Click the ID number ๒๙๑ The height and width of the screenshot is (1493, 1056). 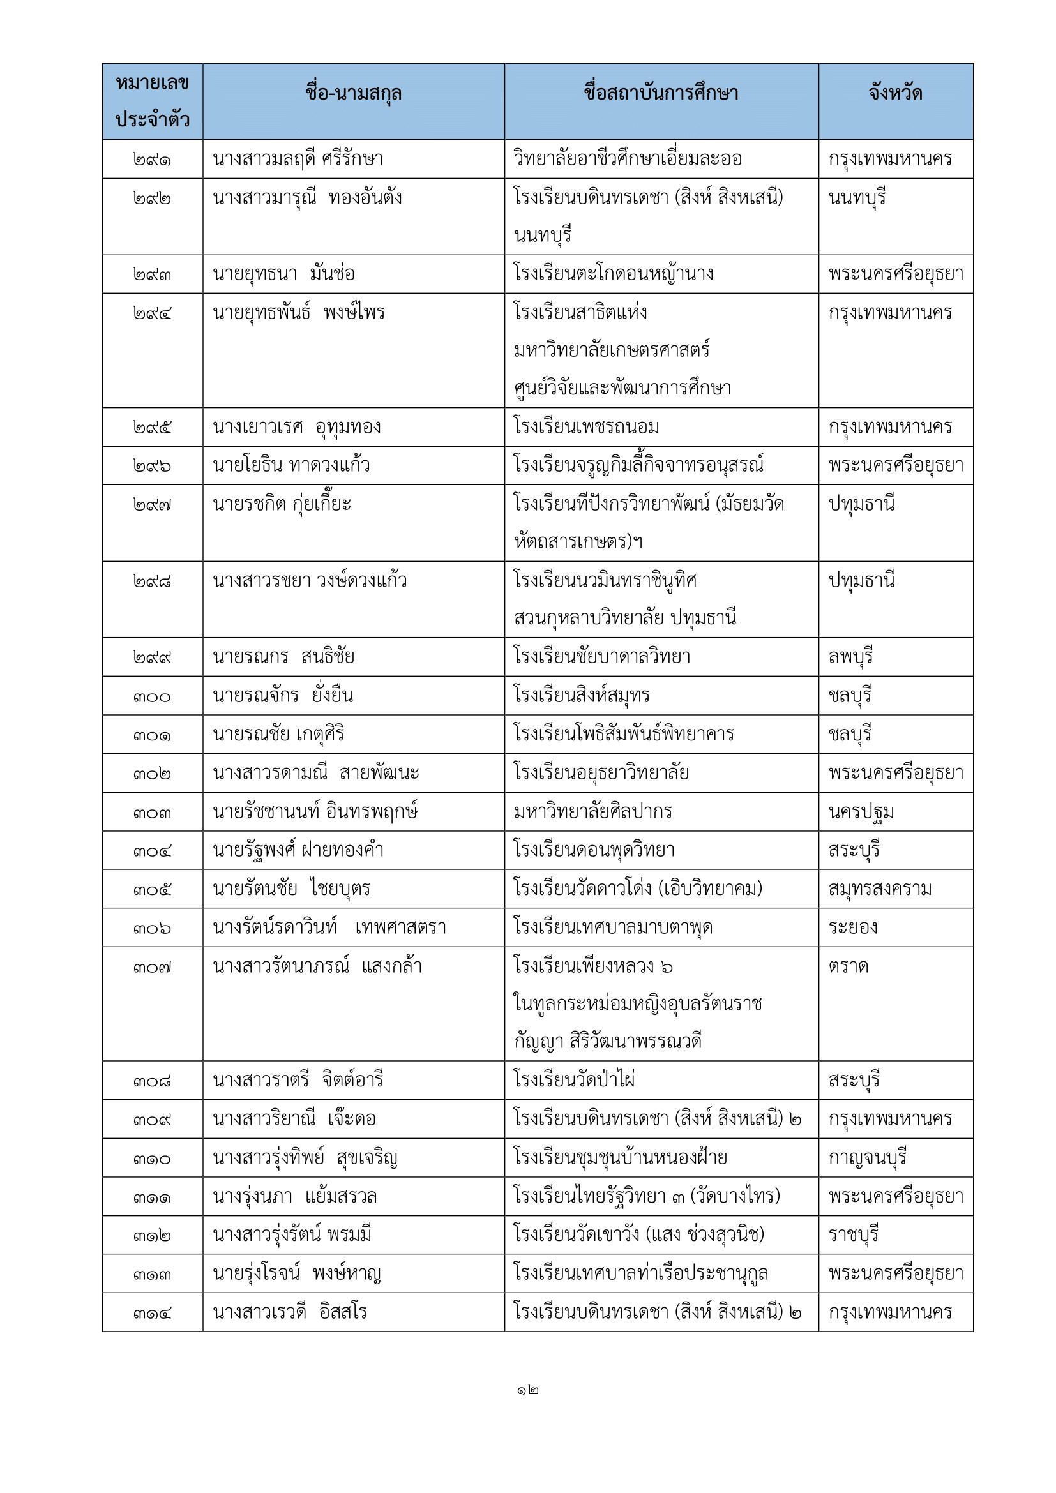152,160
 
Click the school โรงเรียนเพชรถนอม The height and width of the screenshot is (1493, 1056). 586,427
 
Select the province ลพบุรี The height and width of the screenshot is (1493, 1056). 850,657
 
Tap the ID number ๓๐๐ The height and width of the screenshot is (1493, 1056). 152,697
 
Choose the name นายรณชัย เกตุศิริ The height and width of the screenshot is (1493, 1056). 278,735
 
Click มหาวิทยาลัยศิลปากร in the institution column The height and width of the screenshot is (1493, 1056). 592,812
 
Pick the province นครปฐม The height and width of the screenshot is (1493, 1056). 861,812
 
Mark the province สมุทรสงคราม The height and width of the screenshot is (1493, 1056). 880,889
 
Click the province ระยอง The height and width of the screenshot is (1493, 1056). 852,928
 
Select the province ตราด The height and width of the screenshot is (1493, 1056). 848,967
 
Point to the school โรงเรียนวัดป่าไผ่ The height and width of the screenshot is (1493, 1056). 573,1080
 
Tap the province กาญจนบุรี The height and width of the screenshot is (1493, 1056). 867,1158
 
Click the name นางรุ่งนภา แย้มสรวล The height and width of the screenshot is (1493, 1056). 294,1196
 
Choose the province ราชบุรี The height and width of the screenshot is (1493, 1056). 853,1235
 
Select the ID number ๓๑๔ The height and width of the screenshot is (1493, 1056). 152,1314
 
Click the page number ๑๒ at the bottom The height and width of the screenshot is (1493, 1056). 527,1391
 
